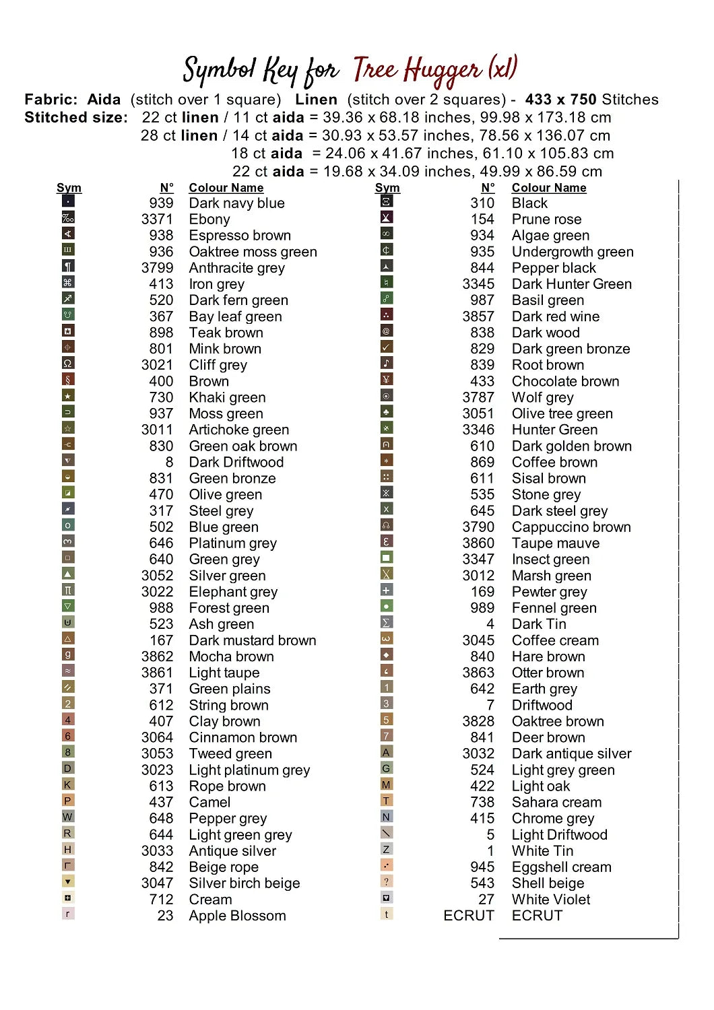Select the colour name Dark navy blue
[x=236, y=203]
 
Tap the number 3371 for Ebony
[x=157, y=220]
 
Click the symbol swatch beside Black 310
[x=387, y=201]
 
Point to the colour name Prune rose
[x=546, y=220]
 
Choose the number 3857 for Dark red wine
[x=478, y=316]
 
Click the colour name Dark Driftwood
[x=236, y=463]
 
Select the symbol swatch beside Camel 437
[x=67, y=801]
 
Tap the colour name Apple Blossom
[x=237, y=916]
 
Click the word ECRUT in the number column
[x=469, y=916]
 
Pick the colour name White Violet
[x=550, y=900]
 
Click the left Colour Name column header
[x=226, y=188]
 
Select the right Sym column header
[x=387, y=188]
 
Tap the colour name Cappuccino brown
[x=571, y=527]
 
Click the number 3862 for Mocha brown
[x=157, y=656]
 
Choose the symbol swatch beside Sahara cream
[x=386, y=801]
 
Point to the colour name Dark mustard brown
[x=252, y=640]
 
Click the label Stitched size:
[x=76, y=118]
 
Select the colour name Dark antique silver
[x=571, y=754]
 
